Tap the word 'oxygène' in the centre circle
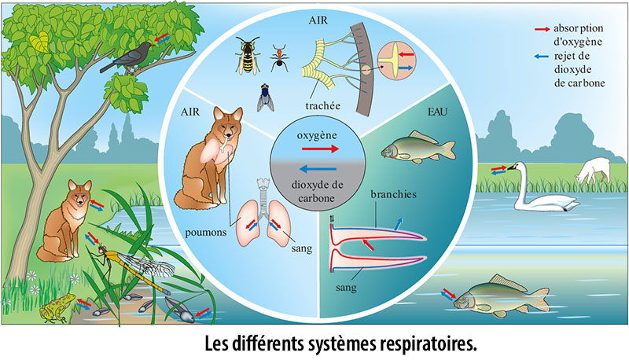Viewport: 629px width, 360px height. tap(317, 135)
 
